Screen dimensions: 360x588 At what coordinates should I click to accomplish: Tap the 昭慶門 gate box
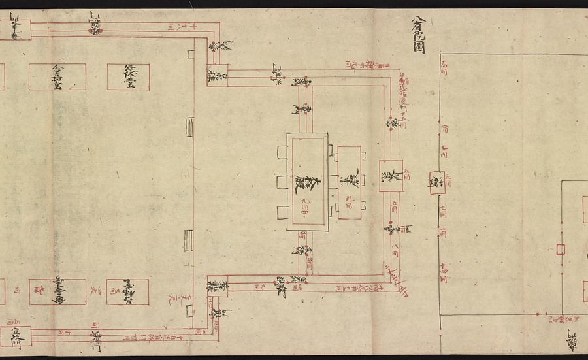[x=391, y=176]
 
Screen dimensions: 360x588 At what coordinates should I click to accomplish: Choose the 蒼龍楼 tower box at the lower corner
[x=218, y=286]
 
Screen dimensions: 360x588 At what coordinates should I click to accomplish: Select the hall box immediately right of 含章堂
[x=128, y=76]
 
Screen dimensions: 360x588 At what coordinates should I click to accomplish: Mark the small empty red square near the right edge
[x=561, y=249]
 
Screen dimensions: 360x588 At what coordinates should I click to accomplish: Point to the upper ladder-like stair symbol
[x=189, y=125]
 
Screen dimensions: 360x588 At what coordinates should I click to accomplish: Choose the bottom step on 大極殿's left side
[x=282, y=211]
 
